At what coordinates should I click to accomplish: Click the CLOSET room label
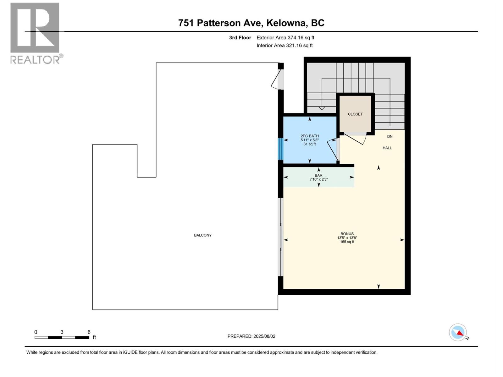coord(355,114)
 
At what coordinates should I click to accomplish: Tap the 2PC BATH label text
coord(310,136)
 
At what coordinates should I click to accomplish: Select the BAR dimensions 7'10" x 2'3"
coord(318,179)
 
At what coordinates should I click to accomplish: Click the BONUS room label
coord(347,234)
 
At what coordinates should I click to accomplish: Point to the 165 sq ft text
coord(347,242)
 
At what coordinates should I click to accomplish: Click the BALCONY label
coord(203,235)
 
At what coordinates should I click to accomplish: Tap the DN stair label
coord(390,136)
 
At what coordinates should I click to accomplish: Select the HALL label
coord(387,148)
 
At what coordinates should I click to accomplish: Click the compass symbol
coord(458,332)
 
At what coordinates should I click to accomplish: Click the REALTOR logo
coord(35,33)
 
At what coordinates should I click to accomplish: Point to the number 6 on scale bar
coord(89,332)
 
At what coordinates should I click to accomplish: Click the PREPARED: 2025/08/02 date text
coord(251,336)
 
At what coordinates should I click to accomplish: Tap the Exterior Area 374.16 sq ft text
coord(285,38)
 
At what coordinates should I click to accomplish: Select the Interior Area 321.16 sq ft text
coord(285,46)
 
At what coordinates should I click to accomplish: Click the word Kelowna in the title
coord(286,23)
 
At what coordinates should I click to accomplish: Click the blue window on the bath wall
coord(281,149)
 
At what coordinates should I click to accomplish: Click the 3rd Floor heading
coord(240,38)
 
